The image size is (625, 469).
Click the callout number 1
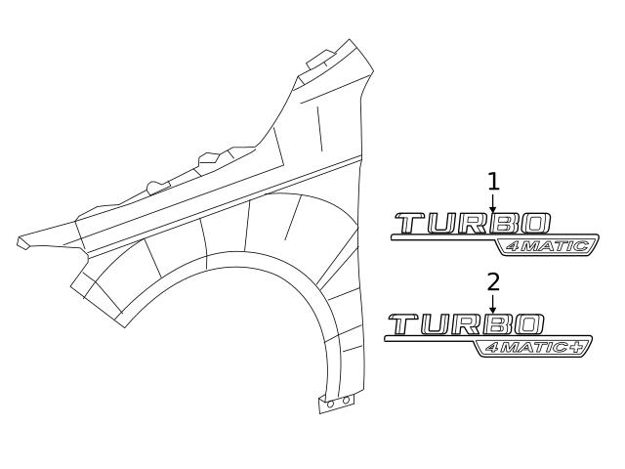pyautogui.click(x=493, y=181)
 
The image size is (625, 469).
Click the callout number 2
pyautogui.click(x=493, y=281)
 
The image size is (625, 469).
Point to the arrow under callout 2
pyautogui.click(x=493, y=304)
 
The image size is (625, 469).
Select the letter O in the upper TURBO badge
pyautogui.click(x=536, y=224)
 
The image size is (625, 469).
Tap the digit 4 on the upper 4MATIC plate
pyautogui.click(x=510, y=246)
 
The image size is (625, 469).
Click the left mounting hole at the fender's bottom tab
pyautogui.click(x=331, y=403)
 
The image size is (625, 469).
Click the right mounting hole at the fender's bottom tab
pyautogui.click(x=343, y=401)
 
